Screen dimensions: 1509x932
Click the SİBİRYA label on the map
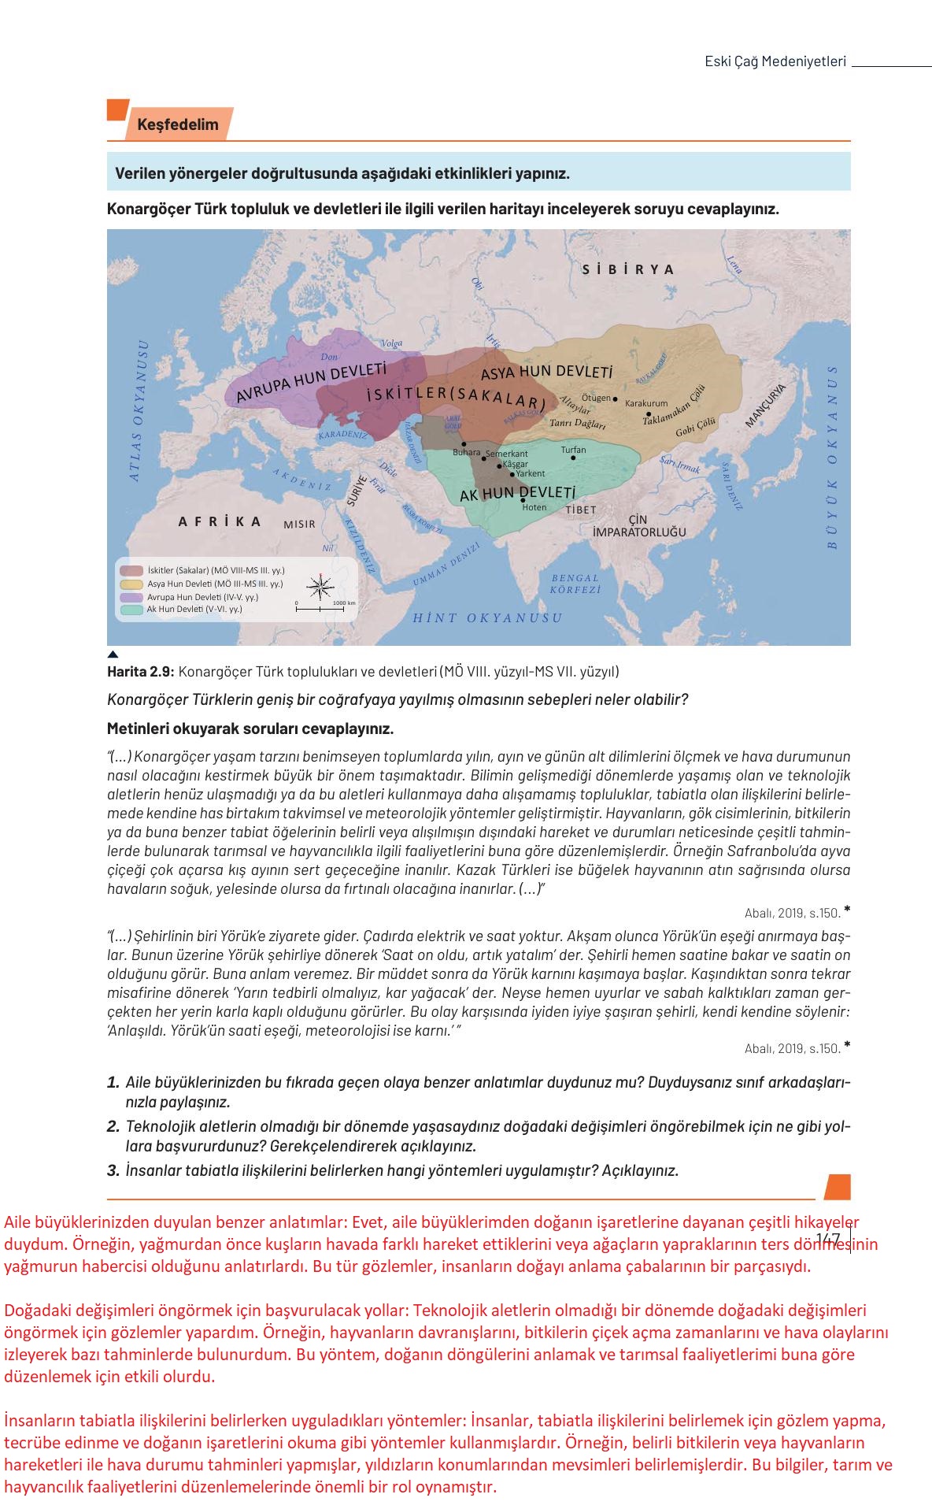pos(628,269)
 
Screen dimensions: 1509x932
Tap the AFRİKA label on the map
pos(220,521)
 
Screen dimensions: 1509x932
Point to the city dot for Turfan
pos(573,458)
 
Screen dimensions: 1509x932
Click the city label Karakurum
pos(645,403)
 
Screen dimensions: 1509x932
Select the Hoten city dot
pos(523,500)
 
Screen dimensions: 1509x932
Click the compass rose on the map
pos(320,585)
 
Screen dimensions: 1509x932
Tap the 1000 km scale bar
pos(320,609)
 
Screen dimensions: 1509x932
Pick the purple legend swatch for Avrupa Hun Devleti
pos(131,597)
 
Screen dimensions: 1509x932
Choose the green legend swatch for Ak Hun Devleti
pos(131,609)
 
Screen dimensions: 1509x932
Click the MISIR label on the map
pos(299,525)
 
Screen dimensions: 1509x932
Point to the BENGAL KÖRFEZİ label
pos(575,584)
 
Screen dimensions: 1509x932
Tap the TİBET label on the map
pos(581,510)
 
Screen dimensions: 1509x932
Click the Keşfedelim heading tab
pos(177,124)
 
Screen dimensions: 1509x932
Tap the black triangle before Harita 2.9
pos(113,654)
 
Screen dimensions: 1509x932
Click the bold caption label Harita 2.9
pos(140,672)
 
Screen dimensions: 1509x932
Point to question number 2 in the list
pos(113,1126)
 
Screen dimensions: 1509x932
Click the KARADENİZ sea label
pos(343,435)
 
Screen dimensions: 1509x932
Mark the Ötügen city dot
pos(616,399)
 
